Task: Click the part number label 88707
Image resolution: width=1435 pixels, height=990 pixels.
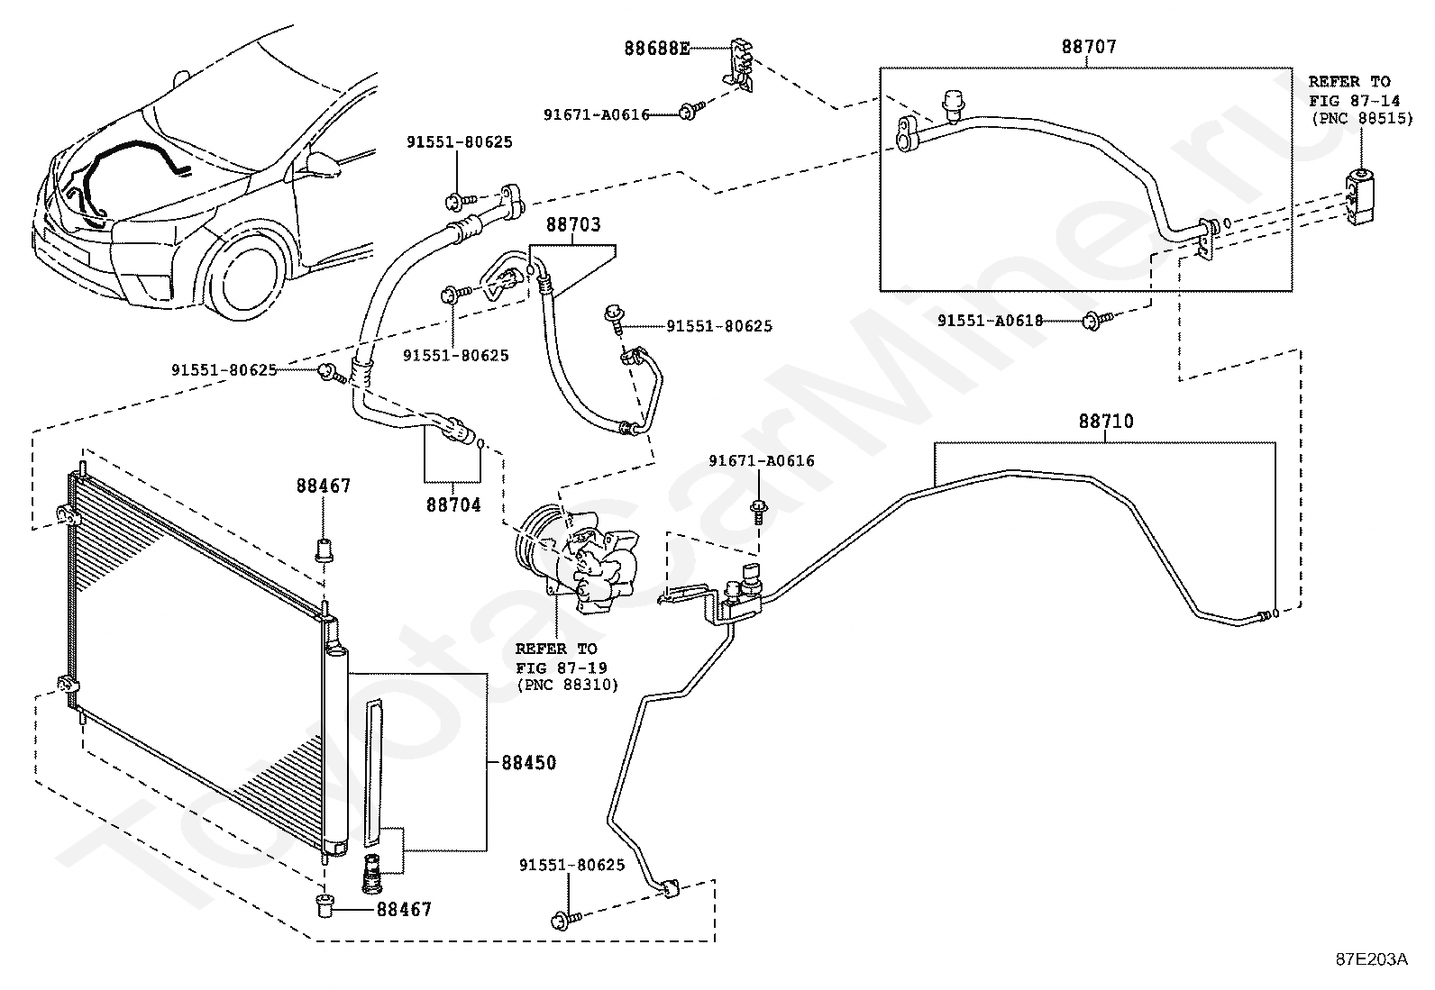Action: click(1089, 47)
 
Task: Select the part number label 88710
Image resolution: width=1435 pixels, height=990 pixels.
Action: click(1106, 422)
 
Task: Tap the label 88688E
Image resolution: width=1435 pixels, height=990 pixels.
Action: click(657, 49)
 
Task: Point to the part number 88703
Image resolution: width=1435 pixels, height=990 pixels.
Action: click(573, 225)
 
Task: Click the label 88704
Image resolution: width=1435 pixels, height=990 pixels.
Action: click(453, 505)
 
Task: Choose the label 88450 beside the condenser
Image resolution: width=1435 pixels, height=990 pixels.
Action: click(528, 763)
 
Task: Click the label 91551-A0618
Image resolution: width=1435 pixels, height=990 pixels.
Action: click(991, 320)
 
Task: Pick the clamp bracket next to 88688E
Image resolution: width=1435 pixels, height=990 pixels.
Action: click(739, 64)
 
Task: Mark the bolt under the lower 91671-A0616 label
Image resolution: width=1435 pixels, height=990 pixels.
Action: click(759, 512)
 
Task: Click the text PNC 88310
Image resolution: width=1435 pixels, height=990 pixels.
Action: click(568, 686)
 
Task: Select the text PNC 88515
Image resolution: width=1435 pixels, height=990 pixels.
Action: click(1362, 119)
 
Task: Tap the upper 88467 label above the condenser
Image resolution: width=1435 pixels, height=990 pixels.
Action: click(324, 486)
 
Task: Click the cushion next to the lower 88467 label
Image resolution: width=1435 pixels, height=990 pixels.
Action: click(325, 909)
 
